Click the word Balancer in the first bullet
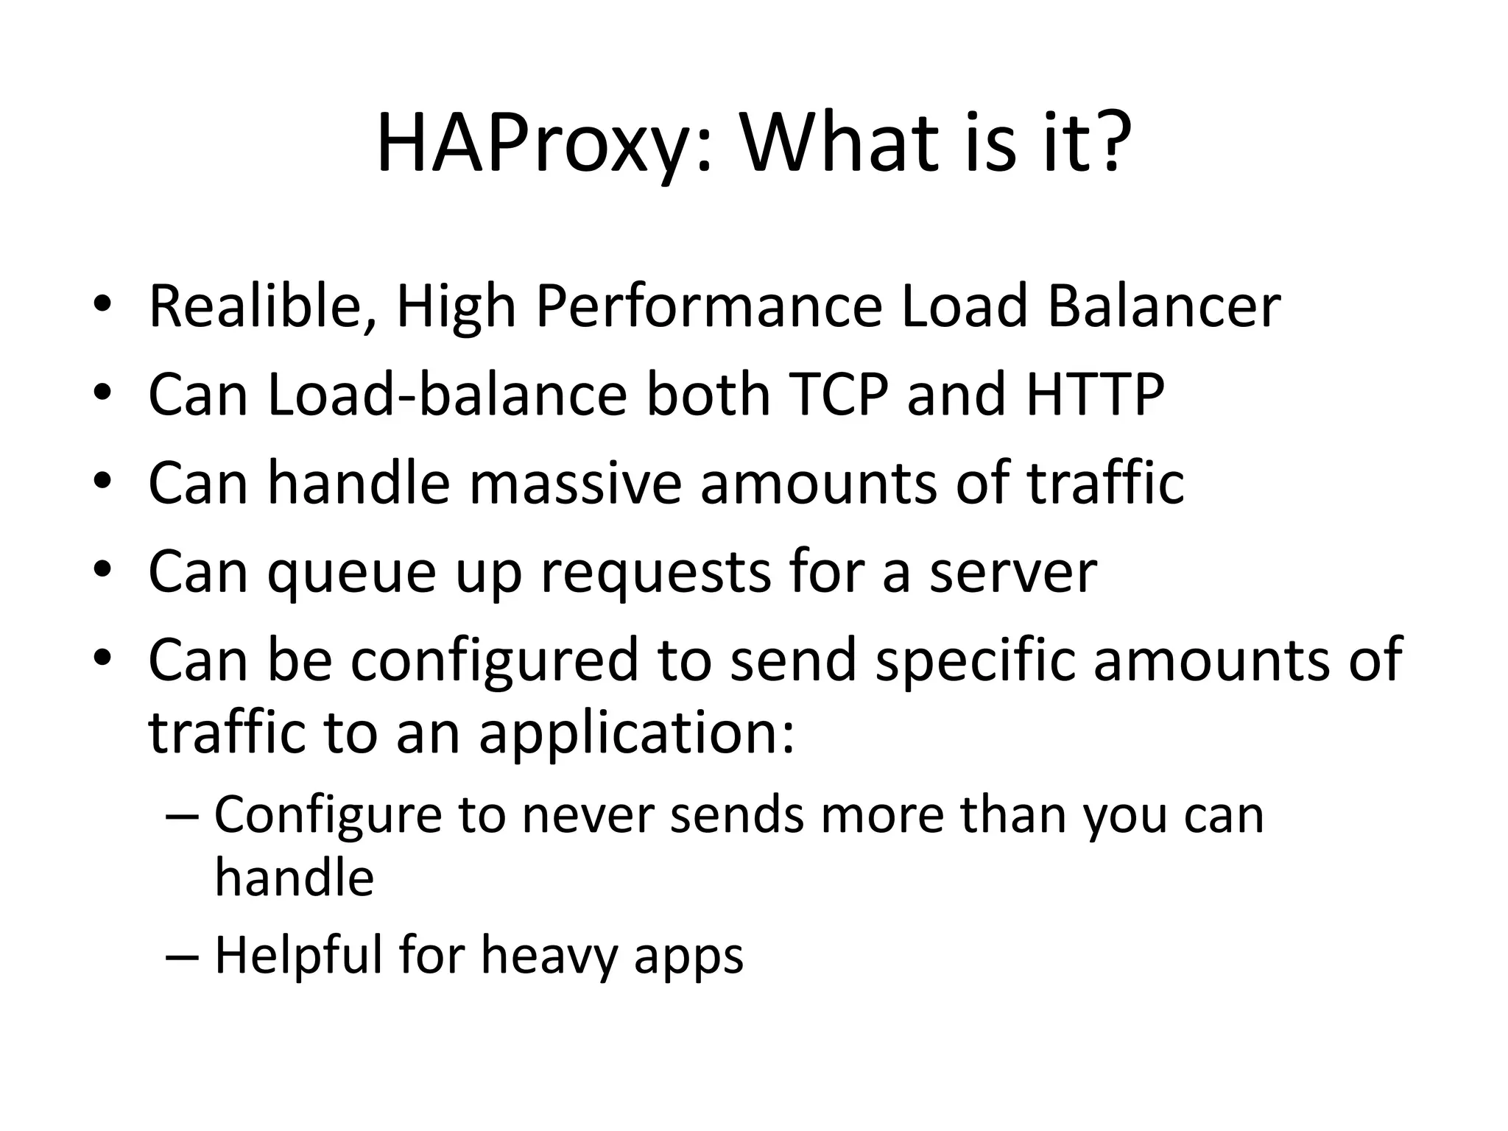click(1163, 306)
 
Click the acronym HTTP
click(1095, 395)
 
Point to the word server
click(1012, 572)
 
